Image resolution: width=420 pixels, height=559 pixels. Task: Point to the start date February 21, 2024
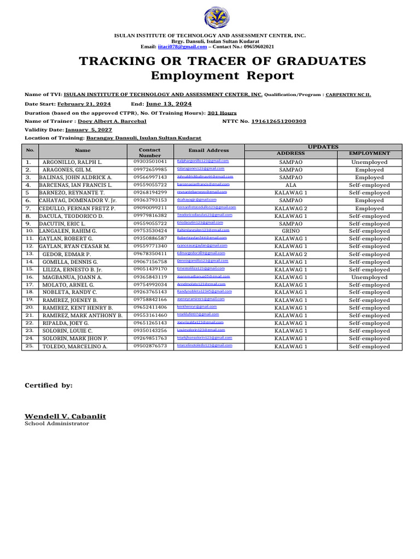coord(84,104)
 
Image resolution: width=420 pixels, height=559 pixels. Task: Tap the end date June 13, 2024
coord(169,104)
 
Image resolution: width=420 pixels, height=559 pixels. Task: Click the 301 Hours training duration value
coord(222,113)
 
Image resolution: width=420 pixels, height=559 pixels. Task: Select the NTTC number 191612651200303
coord(278,121)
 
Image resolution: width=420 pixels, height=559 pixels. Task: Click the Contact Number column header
coord(150,152)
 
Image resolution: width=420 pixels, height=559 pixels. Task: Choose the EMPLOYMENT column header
coord(369,153)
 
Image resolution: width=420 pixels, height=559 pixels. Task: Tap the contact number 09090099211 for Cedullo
coord(150,208)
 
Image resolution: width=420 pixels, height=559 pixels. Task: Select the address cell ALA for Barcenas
coord(290,185)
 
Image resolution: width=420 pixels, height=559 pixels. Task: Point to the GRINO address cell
coord(290,231)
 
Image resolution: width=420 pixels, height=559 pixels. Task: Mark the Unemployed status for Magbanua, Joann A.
coord(369,277)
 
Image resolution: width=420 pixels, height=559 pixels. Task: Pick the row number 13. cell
coord(30,254)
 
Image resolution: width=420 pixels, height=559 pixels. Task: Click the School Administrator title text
coord(54,424)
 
